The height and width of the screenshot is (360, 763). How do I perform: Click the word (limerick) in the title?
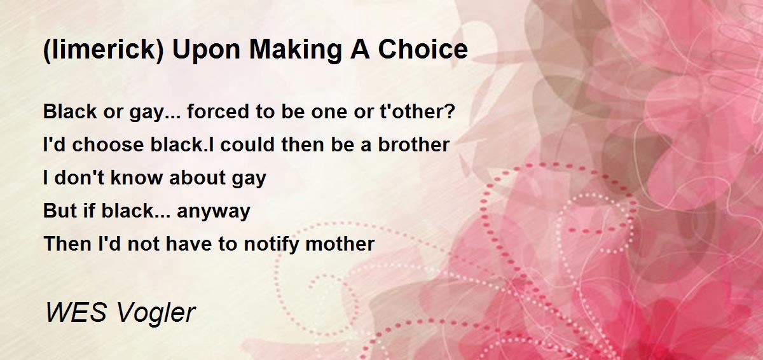[104, 50]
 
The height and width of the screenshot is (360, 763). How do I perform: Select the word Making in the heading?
[295, 50]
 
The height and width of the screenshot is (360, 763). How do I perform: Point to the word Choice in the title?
[423, 50]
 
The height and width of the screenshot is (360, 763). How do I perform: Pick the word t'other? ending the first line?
[417, 111]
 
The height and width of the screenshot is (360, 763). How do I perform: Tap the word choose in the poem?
[108, 144]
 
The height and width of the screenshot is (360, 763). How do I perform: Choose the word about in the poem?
[197, 177]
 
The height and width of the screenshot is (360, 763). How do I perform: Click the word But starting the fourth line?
[60, 211]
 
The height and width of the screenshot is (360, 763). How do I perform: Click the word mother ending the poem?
[340, 244]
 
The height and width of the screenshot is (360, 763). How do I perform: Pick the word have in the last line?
[188, 244]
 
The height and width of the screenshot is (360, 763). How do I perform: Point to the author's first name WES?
[76, 312]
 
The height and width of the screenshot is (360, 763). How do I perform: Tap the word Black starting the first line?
[70, 111]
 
